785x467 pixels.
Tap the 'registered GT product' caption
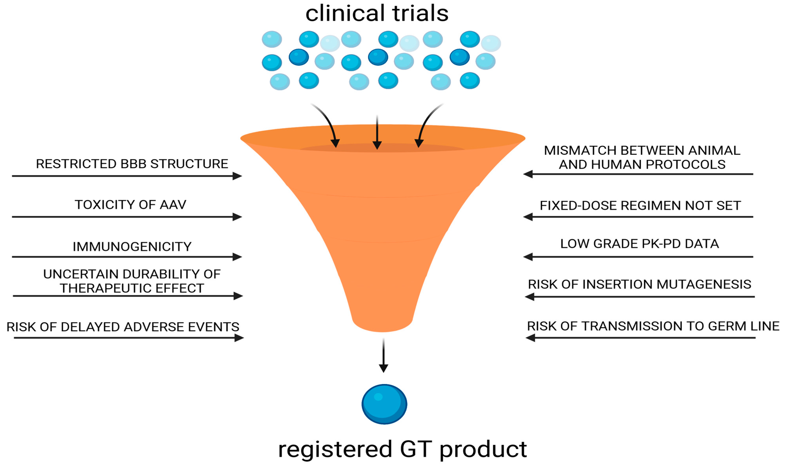(x=402, y=449)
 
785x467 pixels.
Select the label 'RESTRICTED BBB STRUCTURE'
(x=132, y=164)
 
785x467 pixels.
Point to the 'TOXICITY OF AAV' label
(x=130, y=205)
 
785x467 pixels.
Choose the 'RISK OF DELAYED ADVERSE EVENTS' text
(x=123, y=327)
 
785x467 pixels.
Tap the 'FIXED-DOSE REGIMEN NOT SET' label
(x=640, y=205)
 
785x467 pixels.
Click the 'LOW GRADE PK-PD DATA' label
(x=640, y=244)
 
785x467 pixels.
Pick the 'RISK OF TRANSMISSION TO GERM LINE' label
(x=653, y=326)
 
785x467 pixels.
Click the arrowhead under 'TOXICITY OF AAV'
(x=237, y=217)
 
